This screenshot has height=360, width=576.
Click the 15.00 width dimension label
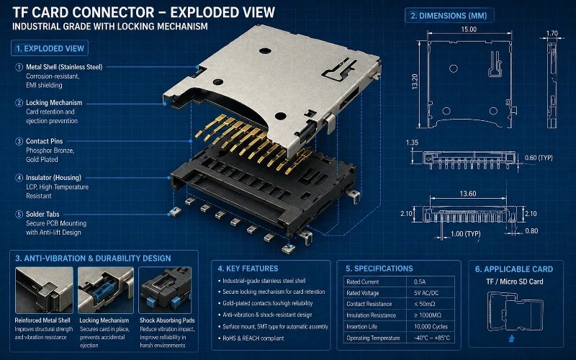pos(469,30)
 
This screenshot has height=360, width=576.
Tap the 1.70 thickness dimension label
pos(552,33)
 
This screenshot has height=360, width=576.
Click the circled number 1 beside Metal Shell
pos(19,67)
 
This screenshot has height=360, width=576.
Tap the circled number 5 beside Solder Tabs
pos(19,214)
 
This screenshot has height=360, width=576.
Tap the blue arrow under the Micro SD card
pos(512,336)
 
